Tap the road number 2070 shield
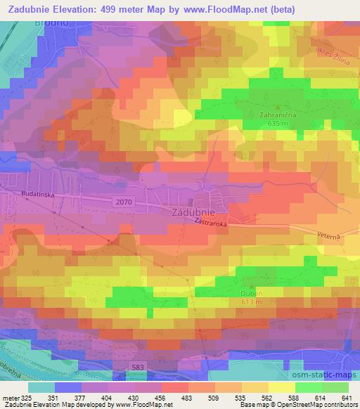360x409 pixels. click(124, 202)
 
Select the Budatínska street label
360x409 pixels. click(27, 191)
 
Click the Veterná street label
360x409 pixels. click(328, 237)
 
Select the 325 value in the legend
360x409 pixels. click(22, 397)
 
